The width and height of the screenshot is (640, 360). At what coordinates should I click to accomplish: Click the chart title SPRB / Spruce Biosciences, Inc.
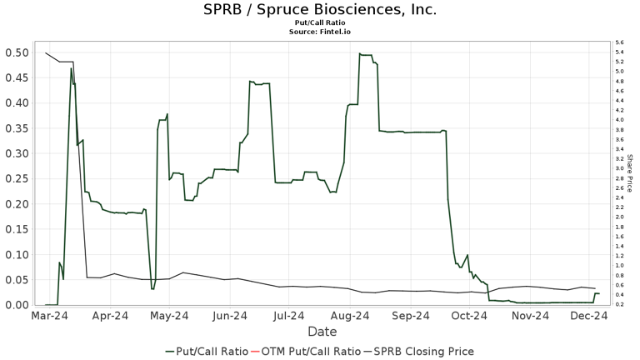(x=320, y=10)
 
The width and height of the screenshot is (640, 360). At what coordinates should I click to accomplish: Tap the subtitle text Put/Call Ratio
(x=320, y=23)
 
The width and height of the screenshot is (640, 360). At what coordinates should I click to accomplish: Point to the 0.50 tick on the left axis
(x=16, y=52)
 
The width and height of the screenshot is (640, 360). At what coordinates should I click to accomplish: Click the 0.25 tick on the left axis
(x=16, y=179)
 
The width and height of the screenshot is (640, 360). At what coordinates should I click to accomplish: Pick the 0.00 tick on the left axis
(x=16, y=305)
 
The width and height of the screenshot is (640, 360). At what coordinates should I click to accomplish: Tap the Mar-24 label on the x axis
(x=50, y=316)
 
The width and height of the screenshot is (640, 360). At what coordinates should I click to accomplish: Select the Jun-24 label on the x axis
(x=229, y=316)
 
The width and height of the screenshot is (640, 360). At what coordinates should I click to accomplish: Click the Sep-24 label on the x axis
(x=410, y=316)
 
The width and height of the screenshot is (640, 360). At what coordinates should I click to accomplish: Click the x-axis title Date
(x=321, y=331)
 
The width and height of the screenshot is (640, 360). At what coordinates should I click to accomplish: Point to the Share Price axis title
(x=630, y=172)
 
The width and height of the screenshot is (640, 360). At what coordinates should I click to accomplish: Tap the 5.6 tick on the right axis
(x=619, y=42)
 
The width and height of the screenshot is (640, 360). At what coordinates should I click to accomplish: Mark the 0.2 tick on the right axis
(x=619, y=304)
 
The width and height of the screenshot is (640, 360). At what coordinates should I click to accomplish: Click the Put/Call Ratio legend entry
(x=207, y=351)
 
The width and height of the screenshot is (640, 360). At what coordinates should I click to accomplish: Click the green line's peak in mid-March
(x=72, y=68)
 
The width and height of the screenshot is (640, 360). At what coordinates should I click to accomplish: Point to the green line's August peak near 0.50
(x=360, y=54)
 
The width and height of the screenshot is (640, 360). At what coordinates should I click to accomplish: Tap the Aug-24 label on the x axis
(x=350, y=316)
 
